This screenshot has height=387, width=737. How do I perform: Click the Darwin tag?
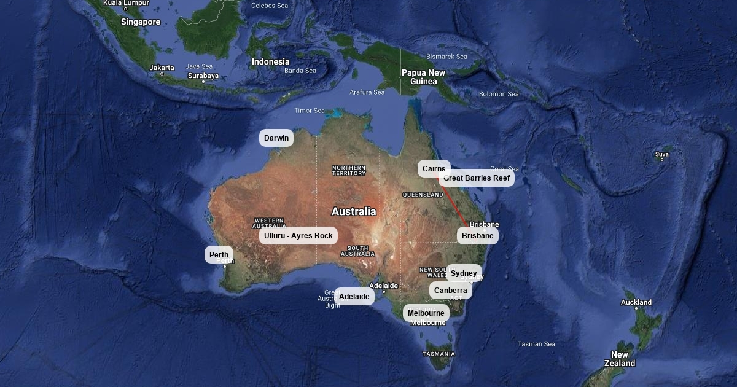276,138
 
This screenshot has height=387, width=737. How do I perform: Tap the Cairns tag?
434,169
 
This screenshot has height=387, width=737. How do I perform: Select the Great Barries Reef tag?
477,178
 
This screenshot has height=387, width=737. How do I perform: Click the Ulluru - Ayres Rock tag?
298,236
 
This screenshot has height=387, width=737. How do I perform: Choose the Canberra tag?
451,291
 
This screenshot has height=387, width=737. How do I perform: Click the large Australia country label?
354,211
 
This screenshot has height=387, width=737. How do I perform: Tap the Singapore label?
141,22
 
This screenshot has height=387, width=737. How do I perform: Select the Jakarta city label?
162,68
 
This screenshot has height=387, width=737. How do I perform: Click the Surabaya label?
203,76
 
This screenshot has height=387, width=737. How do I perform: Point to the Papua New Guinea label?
423,77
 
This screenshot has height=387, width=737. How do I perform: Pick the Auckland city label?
636,302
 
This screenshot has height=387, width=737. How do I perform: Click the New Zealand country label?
620,359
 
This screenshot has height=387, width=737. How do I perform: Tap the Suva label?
661,154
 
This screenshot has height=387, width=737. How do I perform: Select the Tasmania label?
439,354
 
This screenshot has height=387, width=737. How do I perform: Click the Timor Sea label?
310,111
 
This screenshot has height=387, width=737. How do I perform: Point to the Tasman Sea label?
536,344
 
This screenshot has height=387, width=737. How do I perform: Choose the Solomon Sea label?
499,94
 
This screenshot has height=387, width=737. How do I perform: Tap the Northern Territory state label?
348,170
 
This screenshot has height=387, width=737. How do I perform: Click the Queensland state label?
423,195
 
